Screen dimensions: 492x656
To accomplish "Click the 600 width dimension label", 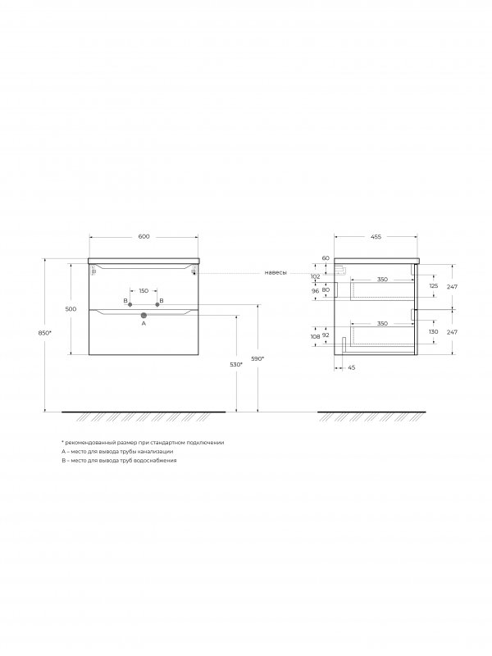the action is [143, 237].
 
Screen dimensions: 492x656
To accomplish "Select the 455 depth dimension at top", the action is [376, 237].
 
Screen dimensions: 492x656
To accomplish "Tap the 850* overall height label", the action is [44, 333].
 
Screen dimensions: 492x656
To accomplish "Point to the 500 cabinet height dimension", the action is [71, 309].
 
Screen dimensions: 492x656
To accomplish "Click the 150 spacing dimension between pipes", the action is [143, 291].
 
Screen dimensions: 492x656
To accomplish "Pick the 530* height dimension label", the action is [236, 364].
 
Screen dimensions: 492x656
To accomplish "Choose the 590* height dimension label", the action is [257, 358].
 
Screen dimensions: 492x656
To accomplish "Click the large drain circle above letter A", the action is [143, 315].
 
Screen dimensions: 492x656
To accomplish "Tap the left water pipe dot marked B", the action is [130, 304].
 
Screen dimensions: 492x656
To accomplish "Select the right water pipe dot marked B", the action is [157, 304].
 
